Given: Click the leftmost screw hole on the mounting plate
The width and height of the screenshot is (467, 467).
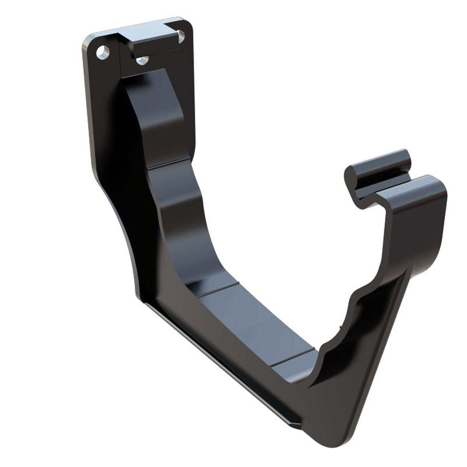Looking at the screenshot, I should [x=102, y=52].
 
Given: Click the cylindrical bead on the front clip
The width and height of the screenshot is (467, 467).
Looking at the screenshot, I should [x=379, y=163].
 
